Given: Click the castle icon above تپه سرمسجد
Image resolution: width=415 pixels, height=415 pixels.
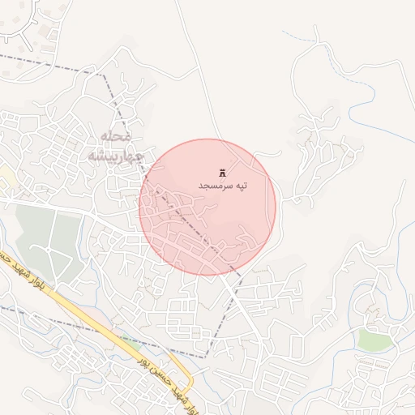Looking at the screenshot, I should (223, 173).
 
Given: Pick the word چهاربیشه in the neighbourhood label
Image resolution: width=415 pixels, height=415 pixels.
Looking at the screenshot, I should (115, 155).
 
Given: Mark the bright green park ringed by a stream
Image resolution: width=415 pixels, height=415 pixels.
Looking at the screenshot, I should (374, 340).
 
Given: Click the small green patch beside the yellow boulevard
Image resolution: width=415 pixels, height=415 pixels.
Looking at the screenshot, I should (130, 344).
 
